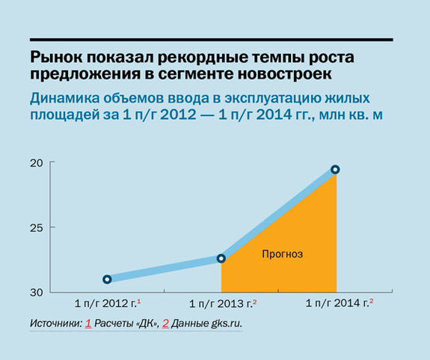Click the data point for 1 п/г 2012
107,279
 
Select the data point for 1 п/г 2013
221,258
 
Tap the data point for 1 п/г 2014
336,170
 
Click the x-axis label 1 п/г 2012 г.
107,304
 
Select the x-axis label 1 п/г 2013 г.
222,304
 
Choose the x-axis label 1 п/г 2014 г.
337,304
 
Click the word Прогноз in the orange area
282,254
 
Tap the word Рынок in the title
55,58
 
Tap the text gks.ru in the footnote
227,325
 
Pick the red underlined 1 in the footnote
88,325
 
